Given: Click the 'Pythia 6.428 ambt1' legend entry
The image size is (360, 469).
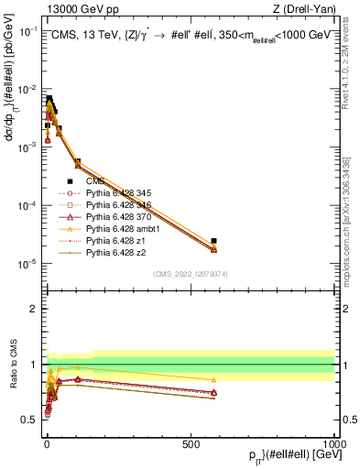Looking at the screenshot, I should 112,228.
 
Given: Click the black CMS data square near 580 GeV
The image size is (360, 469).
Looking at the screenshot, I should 213,241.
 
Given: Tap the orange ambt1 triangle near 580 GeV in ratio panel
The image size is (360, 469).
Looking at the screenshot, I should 213,379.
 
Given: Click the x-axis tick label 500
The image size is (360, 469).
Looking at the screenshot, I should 190,442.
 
